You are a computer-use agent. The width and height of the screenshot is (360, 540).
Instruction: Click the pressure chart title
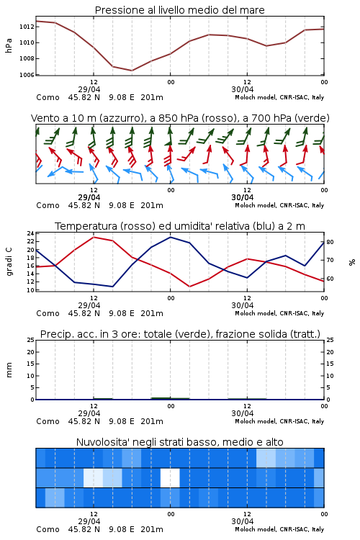[x=179, y=10]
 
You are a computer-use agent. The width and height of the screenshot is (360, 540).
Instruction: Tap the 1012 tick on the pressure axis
[x=27, y=27]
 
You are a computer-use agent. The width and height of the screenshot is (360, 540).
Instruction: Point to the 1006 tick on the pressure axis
[x=27, y=75]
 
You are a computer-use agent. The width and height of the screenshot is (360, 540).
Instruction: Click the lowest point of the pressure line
[x=132, y=71]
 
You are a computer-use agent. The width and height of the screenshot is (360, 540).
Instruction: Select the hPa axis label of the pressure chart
[x=9, y=45]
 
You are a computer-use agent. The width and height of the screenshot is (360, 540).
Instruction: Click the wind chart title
[x=180, y=118]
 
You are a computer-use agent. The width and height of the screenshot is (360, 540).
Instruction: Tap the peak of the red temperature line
[x=94, y=238]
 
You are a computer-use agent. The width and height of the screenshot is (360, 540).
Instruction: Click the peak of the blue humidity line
[x=170, y=237]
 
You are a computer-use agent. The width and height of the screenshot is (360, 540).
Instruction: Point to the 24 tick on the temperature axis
[x=30, y=233]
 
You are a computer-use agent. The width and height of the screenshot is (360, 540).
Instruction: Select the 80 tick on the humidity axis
[x=330, y=242]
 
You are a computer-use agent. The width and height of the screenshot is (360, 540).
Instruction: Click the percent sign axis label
[x=352, y=262]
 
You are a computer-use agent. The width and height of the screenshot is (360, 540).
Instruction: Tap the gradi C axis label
[x=9, y=261]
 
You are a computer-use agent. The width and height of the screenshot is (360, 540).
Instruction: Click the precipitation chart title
[x=180, y=334]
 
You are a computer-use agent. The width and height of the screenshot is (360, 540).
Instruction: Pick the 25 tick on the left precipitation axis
[x=30, y=340]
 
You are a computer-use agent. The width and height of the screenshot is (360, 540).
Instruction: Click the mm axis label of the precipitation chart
[x=9, y=370]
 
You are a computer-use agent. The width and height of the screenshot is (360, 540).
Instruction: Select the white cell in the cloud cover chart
[x=170, y=477]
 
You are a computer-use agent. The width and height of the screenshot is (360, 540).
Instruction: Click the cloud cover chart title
[x=179, y=442]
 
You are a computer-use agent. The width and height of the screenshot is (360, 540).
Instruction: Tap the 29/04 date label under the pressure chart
[x=89, y=89]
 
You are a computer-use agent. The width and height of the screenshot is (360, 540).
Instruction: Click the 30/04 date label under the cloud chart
[x=243, y=521]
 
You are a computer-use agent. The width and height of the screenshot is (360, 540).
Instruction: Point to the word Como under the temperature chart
[x=48, y=313]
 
